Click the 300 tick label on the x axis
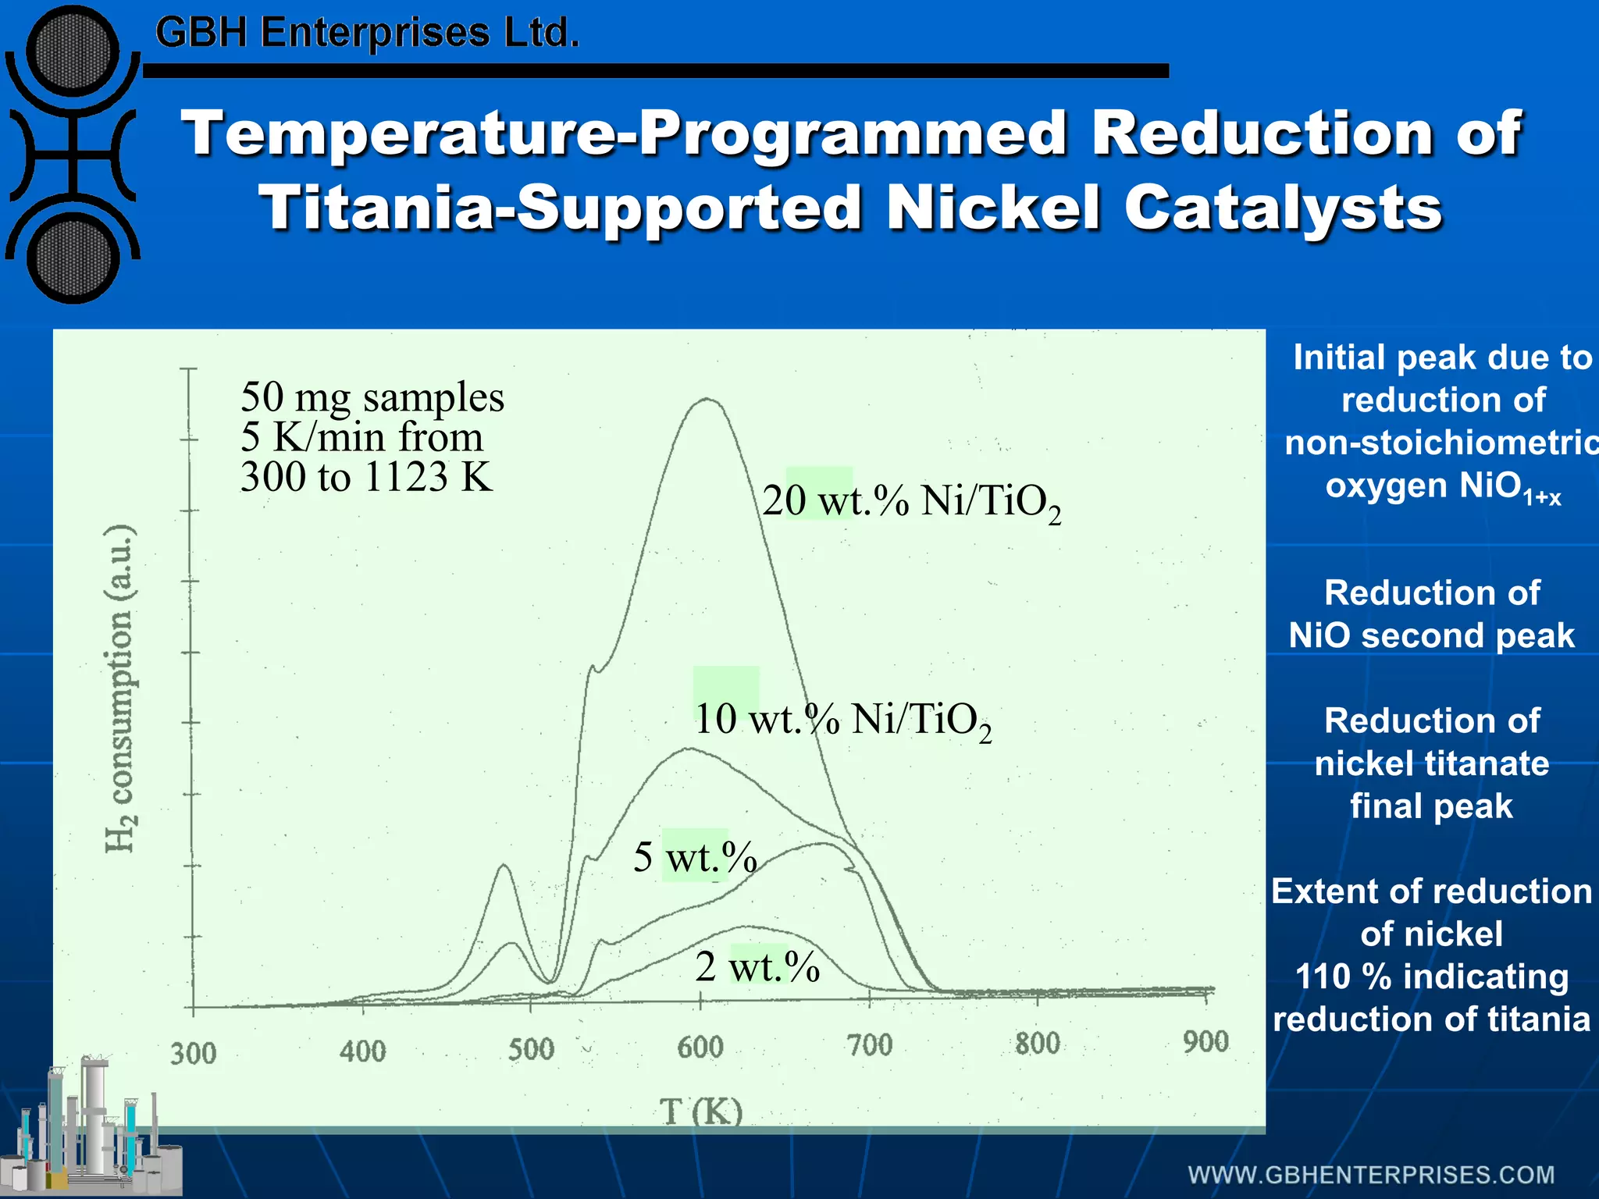(x=193, y=1053)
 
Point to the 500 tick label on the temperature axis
(x=531, y=1048)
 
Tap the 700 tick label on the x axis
(x=869, y=1044)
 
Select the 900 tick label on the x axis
(x=1205, y=1041)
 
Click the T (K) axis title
(x=701, y=1111)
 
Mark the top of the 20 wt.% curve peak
(x=707, y=399)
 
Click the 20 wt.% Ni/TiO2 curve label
(x=911, y=502)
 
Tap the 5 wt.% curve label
(x=695, y=857)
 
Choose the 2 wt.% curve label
(x=757, y=967)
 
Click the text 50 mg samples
(x=372, y=397)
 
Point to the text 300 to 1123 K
(x=366, y=477)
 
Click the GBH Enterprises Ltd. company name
(x=367, y=33)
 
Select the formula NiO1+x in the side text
(x=1443, y=487)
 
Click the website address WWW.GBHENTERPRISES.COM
(x=1371, y=1175)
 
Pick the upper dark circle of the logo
(x=72, y=50)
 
